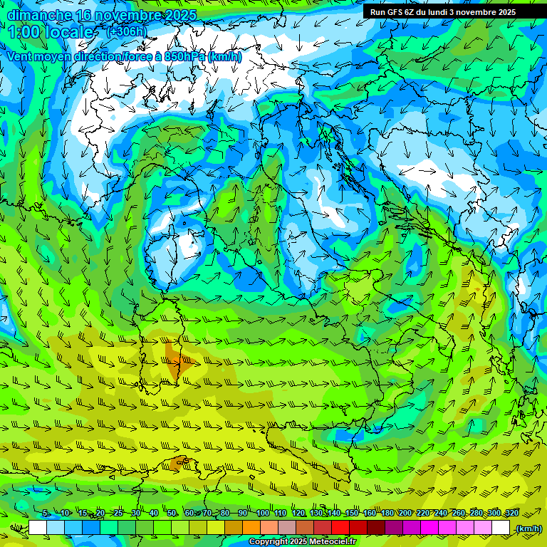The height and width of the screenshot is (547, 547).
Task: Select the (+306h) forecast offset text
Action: (127, 31)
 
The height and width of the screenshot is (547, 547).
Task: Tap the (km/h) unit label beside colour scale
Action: (528, 528)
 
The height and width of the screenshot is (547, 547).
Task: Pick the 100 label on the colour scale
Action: (263, 513)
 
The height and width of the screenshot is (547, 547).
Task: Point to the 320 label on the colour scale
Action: (511, 513)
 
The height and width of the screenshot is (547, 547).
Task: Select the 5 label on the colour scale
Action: (46, 513)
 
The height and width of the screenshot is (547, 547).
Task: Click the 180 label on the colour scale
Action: (387, 513)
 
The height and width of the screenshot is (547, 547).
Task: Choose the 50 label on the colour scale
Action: (172, 513)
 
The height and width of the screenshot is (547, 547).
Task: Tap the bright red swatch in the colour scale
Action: (340, 528)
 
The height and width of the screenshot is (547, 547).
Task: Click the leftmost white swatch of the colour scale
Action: (38, 528)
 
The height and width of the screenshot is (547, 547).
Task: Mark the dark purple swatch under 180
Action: (394, 528)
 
